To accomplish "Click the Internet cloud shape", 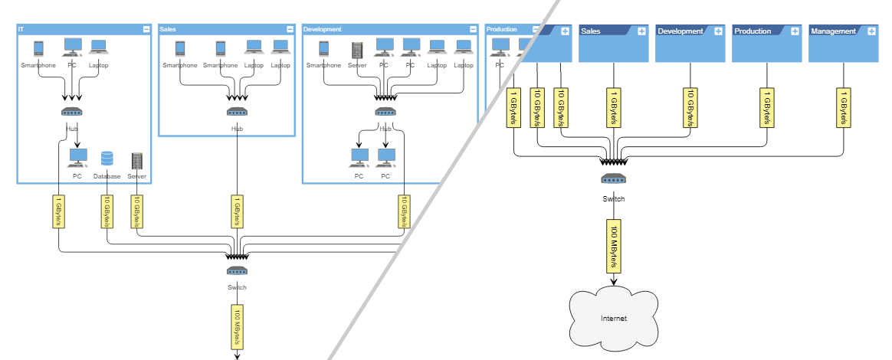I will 613,318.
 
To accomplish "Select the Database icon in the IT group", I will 107,159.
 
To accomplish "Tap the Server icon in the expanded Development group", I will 356,49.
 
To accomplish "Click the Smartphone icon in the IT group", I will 38,48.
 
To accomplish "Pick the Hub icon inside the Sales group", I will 237,112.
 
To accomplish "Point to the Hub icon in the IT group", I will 72,112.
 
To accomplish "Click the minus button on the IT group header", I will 146,29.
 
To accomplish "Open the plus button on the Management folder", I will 871,31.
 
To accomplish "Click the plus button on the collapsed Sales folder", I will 641,31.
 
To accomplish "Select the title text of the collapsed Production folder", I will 752,31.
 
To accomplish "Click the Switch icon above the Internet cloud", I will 613,178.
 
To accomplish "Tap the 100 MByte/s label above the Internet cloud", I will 613,247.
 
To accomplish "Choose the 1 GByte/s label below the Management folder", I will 843,108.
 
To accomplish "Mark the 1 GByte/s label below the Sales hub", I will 237,211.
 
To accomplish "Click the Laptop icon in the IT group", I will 98,48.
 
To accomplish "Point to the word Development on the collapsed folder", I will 680,31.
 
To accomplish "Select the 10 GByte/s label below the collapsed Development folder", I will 690,108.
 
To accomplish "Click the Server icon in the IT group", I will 137,161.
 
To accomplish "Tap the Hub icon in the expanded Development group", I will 385,112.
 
